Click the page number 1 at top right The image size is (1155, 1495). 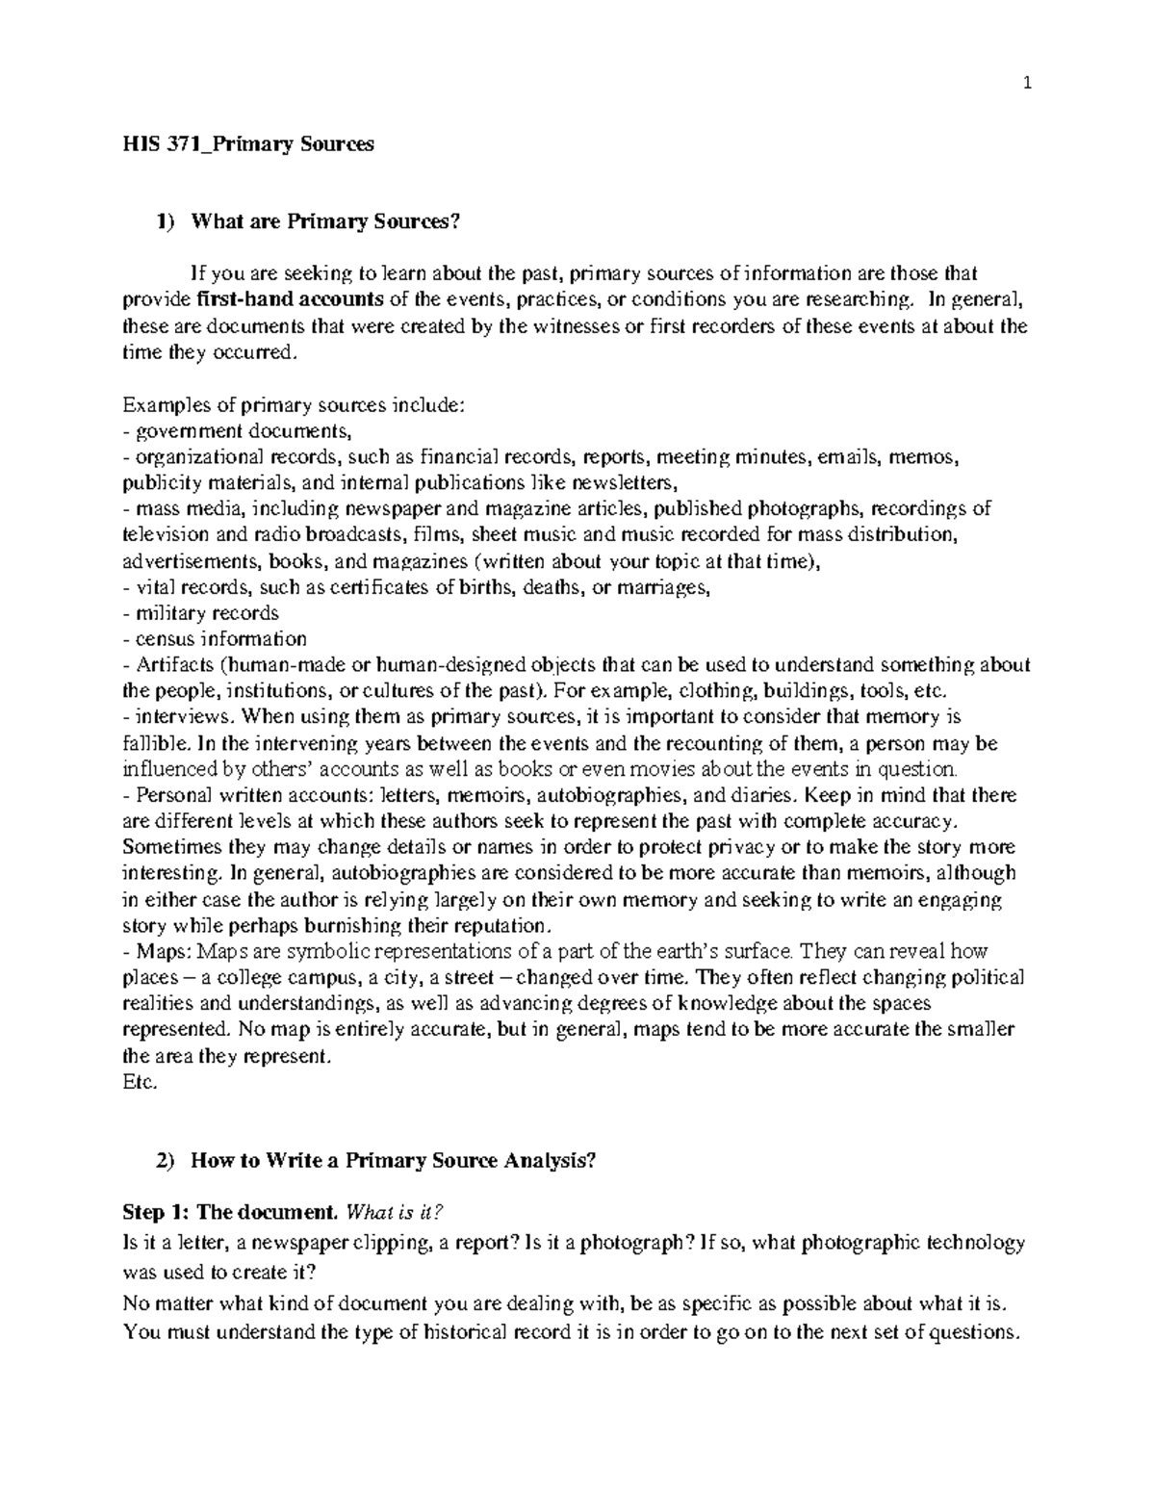pyautogui.click(x=1027, y=84)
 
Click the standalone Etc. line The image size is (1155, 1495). pyautogui.click(x=139, y=1082)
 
